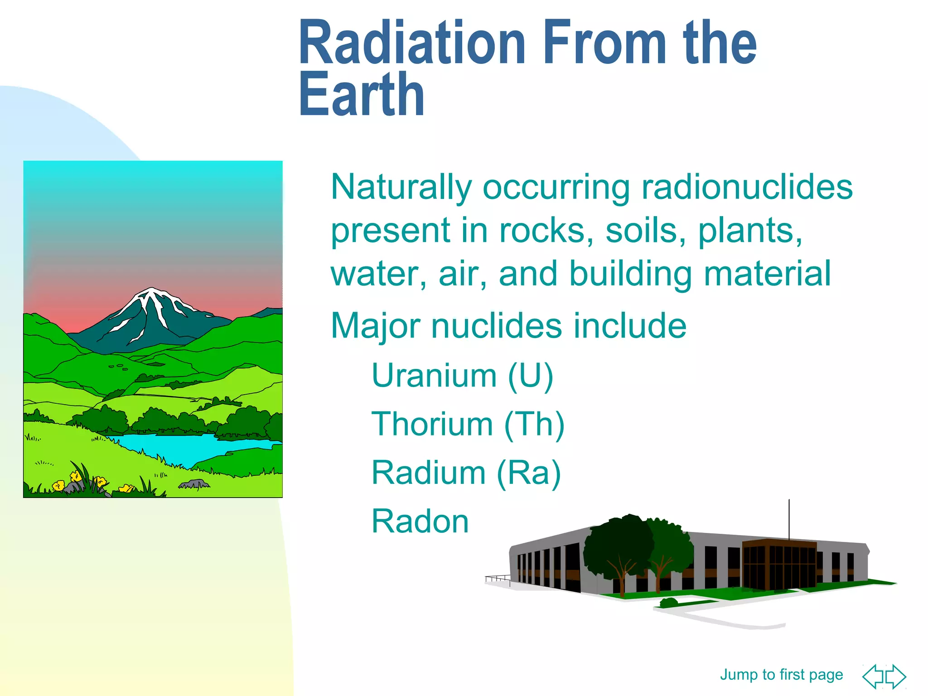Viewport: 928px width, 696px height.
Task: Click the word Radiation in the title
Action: tap(411, 44)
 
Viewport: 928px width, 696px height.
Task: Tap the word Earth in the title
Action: tap(361, 96)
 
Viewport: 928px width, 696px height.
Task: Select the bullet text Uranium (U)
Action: tap(462, 376)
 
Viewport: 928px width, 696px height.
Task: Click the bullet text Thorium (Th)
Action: tap(468, 425)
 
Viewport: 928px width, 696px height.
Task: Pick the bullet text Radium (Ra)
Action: tap(466, 473)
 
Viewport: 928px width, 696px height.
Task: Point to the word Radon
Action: tap(420, 522)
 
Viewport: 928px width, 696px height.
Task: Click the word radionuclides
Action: tap(747, 187)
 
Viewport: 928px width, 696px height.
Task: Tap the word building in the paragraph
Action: tap(630, 274)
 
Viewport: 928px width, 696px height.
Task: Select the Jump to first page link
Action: tap(781, 675)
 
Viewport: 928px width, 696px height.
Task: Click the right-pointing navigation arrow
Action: tap(896, 676)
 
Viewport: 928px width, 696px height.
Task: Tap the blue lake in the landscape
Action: tap(190, 446)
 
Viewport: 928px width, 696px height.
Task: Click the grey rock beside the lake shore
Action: tap(195, 484)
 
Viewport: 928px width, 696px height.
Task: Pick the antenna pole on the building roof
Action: tap(789, 519)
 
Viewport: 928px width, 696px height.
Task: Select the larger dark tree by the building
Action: tap(619, 548)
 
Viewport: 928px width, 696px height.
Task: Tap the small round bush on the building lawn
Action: tap(669, 602)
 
